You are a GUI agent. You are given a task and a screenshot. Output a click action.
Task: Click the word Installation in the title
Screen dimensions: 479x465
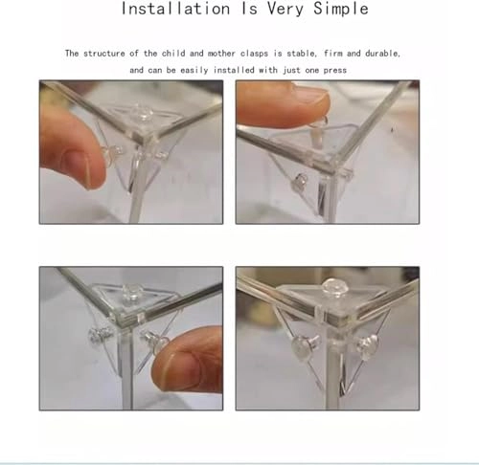point(175,9)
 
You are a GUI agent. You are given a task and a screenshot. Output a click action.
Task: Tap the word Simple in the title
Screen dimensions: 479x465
point(341,9)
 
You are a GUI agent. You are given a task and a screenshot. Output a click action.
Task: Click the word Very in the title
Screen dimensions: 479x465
point(285,9)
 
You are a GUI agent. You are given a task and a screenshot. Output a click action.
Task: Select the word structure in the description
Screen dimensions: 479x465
point(103,54)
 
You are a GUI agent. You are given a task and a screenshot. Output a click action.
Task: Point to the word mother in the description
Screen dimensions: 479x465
point(221,54)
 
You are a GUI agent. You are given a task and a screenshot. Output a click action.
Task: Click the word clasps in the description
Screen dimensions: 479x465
point(254,54)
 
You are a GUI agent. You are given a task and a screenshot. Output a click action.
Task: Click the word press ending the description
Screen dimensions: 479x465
point(335,71)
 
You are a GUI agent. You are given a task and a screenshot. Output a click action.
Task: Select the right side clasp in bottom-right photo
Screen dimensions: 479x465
point(367,345)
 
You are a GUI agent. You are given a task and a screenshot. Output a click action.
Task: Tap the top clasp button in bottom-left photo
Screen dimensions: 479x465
point(132,293)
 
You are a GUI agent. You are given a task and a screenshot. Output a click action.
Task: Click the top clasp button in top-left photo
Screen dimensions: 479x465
point(142,113)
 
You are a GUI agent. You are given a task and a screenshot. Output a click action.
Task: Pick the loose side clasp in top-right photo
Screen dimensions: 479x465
point(301,183)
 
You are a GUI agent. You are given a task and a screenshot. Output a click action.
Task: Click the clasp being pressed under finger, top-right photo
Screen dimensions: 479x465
point(320,130)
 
